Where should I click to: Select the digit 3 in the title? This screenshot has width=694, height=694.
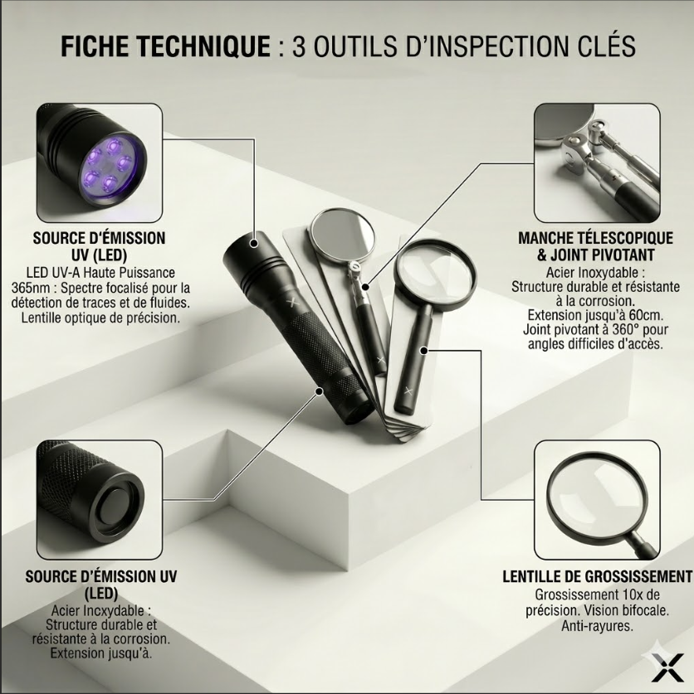click(299, 46)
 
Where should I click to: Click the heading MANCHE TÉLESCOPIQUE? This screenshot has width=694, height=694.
click(595, 238)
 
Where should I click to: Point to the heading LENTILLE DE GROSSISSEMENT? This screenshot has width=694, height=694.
click(597, 577)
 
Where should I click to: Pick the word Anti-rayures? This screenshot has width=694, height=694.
click(597, 626)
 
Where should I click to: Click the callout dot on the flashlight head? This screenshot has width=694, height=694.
click(254, 243)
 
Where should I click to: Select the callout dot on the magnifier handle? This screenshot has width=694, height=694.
click(423, 351)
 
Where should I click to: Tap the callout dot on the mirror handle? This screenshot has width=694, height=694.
click(365, 287)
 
